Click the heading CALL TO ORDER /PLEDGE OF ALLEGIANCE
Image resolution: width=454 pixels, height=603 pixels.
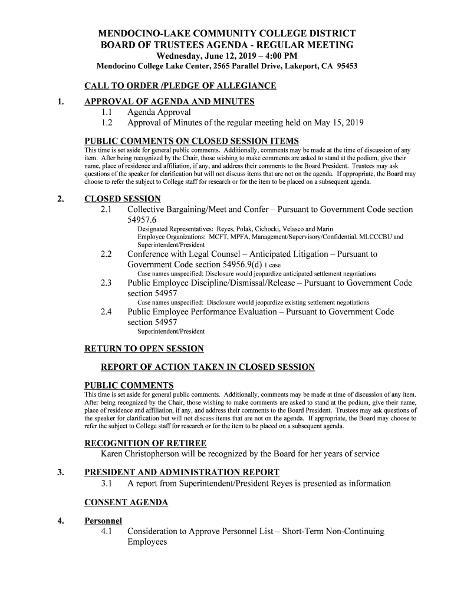180,87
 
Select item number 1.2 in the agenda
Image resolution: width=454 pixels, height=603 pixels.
107,123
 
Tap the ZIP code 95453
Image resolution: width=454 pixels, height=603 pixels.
346,67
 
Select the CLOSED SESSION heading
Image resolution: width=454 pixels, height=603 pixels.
123,199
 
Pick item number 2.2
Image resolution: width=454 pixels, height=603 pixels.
107,254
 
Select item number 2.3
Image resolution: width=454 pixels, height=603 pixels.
107,283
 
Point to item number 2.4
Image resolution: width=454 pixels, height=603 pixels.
107,312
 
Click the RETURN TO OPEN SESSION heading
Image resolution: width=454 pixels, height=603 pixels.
144,349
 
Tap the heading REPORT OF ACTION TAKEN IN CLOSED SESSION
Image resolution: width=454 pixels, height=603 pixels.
208,367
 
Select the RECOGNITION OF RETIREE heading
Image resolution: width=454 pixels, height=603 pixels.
146,443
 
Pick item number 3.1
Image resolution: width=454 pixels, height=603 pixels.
107,483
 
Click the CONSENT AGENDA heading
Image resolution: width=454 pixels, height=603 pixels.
127,502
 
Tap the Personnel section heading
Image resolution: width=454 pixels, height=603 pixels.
103,521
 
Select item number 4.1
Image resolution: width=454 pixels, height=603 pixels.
107,531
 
